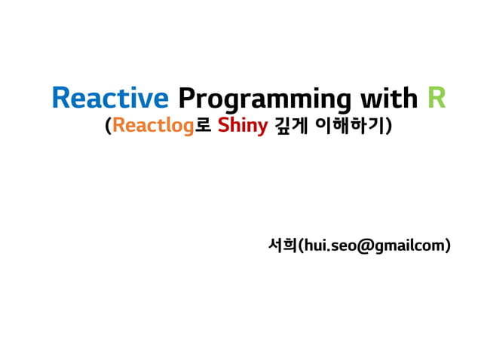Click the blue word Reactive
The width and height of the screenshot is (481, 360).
pos(110,98)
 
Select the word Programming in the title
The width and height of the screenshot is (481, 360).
pos(263,99)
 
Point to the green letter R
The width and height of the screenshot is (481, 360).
pos(437,98)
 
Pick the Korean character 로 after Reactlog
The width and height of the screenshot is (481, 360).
pos(203,126)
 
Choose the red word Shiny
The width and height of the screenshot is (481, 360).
pos(242,127)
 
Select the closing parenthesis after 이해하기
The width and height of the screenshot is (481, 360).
pos(389,127)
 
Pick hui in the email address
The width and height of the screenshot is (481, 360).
pos(313,245)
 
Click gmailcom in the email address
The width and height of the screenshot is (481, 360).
pos(407,246)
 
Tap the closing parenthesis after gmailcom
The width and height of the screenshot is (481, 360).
pos(449,246)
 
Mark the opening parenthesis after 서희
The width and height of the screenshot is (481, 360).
pos(299,246)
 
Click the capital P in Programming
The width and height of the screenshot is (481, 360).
pos(185,98)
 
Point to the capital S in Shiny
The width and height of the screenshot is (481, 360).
pos(222,126)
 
